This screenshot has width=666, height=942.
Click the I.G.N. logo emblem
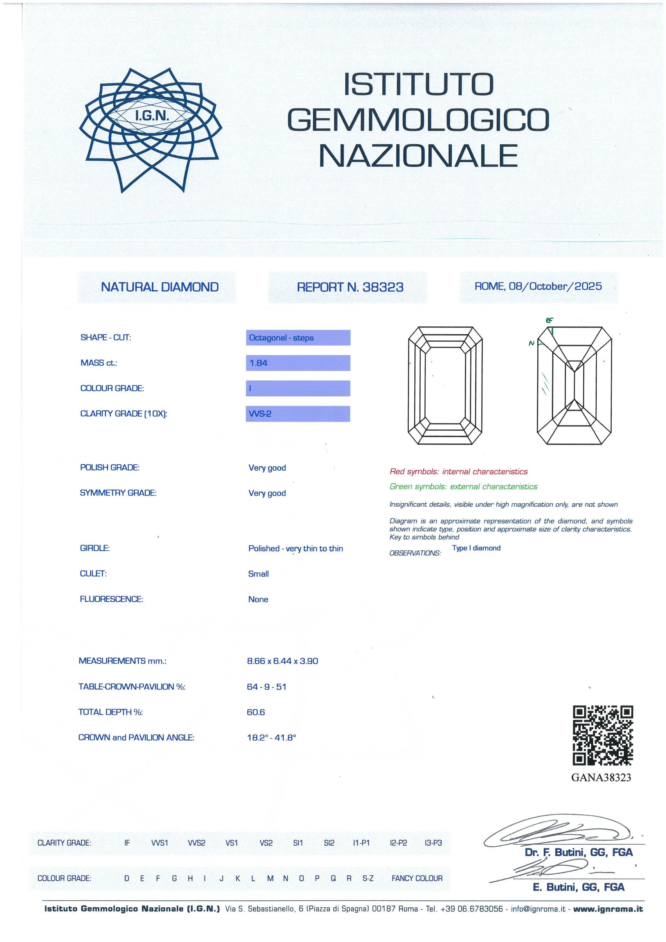pyautogui.click(x=150, y=130)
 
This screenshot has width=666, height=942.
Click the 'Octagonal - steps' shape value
pyautogui.click(x=281, y=338)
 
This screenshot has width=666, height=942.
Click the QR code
pyautogui.click(x=602, y=735)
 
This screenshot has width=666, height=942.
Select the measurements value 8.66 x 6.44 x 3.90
pyautogui.click(x=282, y=661)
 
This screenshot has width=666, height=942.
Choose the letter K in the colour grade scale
pyautogui.click(x=237, y=878)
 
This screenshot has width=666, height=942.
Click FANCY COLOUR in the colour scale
pyautogui.click(x=417, y=878)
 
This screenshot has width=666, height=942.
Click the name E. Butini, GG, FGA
pyautogui.click(x=578, y=887)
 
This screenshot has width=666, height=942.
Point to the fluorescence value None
pyautogui.click(x=258, y=599)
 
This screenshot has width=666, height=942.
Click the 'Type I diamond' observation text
pyautogui.click(x=476, y=548)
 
